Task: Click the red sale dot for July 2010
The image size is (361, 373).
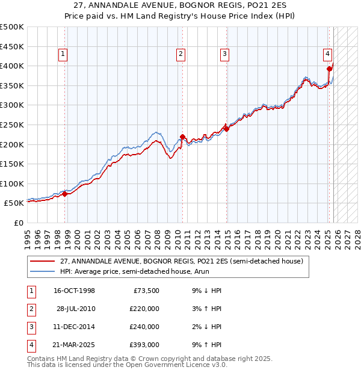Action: click(x=182, y=137)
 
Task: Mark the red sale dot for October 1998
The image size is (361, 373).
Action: click(x=65, y=194)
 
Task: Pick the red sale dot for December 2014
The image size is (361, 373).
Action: click(x=226, y=128)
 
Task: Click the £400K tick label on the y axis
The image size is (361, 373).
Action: click(x=12, y=66)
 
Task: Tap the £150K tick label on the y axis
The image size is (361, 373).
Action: click(x=12, y=164)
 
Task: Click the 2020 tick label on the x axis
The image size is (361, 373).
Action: click(x=278, y=235)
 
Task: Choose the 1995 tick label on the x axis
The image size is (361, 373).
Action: click(x=28, y=235)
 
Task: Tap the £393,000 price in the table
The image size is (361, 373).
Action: click(x=144, y=345)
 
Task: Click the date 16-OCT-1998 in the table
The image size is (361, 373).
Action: click(x=74, y=291)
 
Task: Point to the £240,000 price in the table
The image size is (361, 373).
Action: click(x=144, y=327)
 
